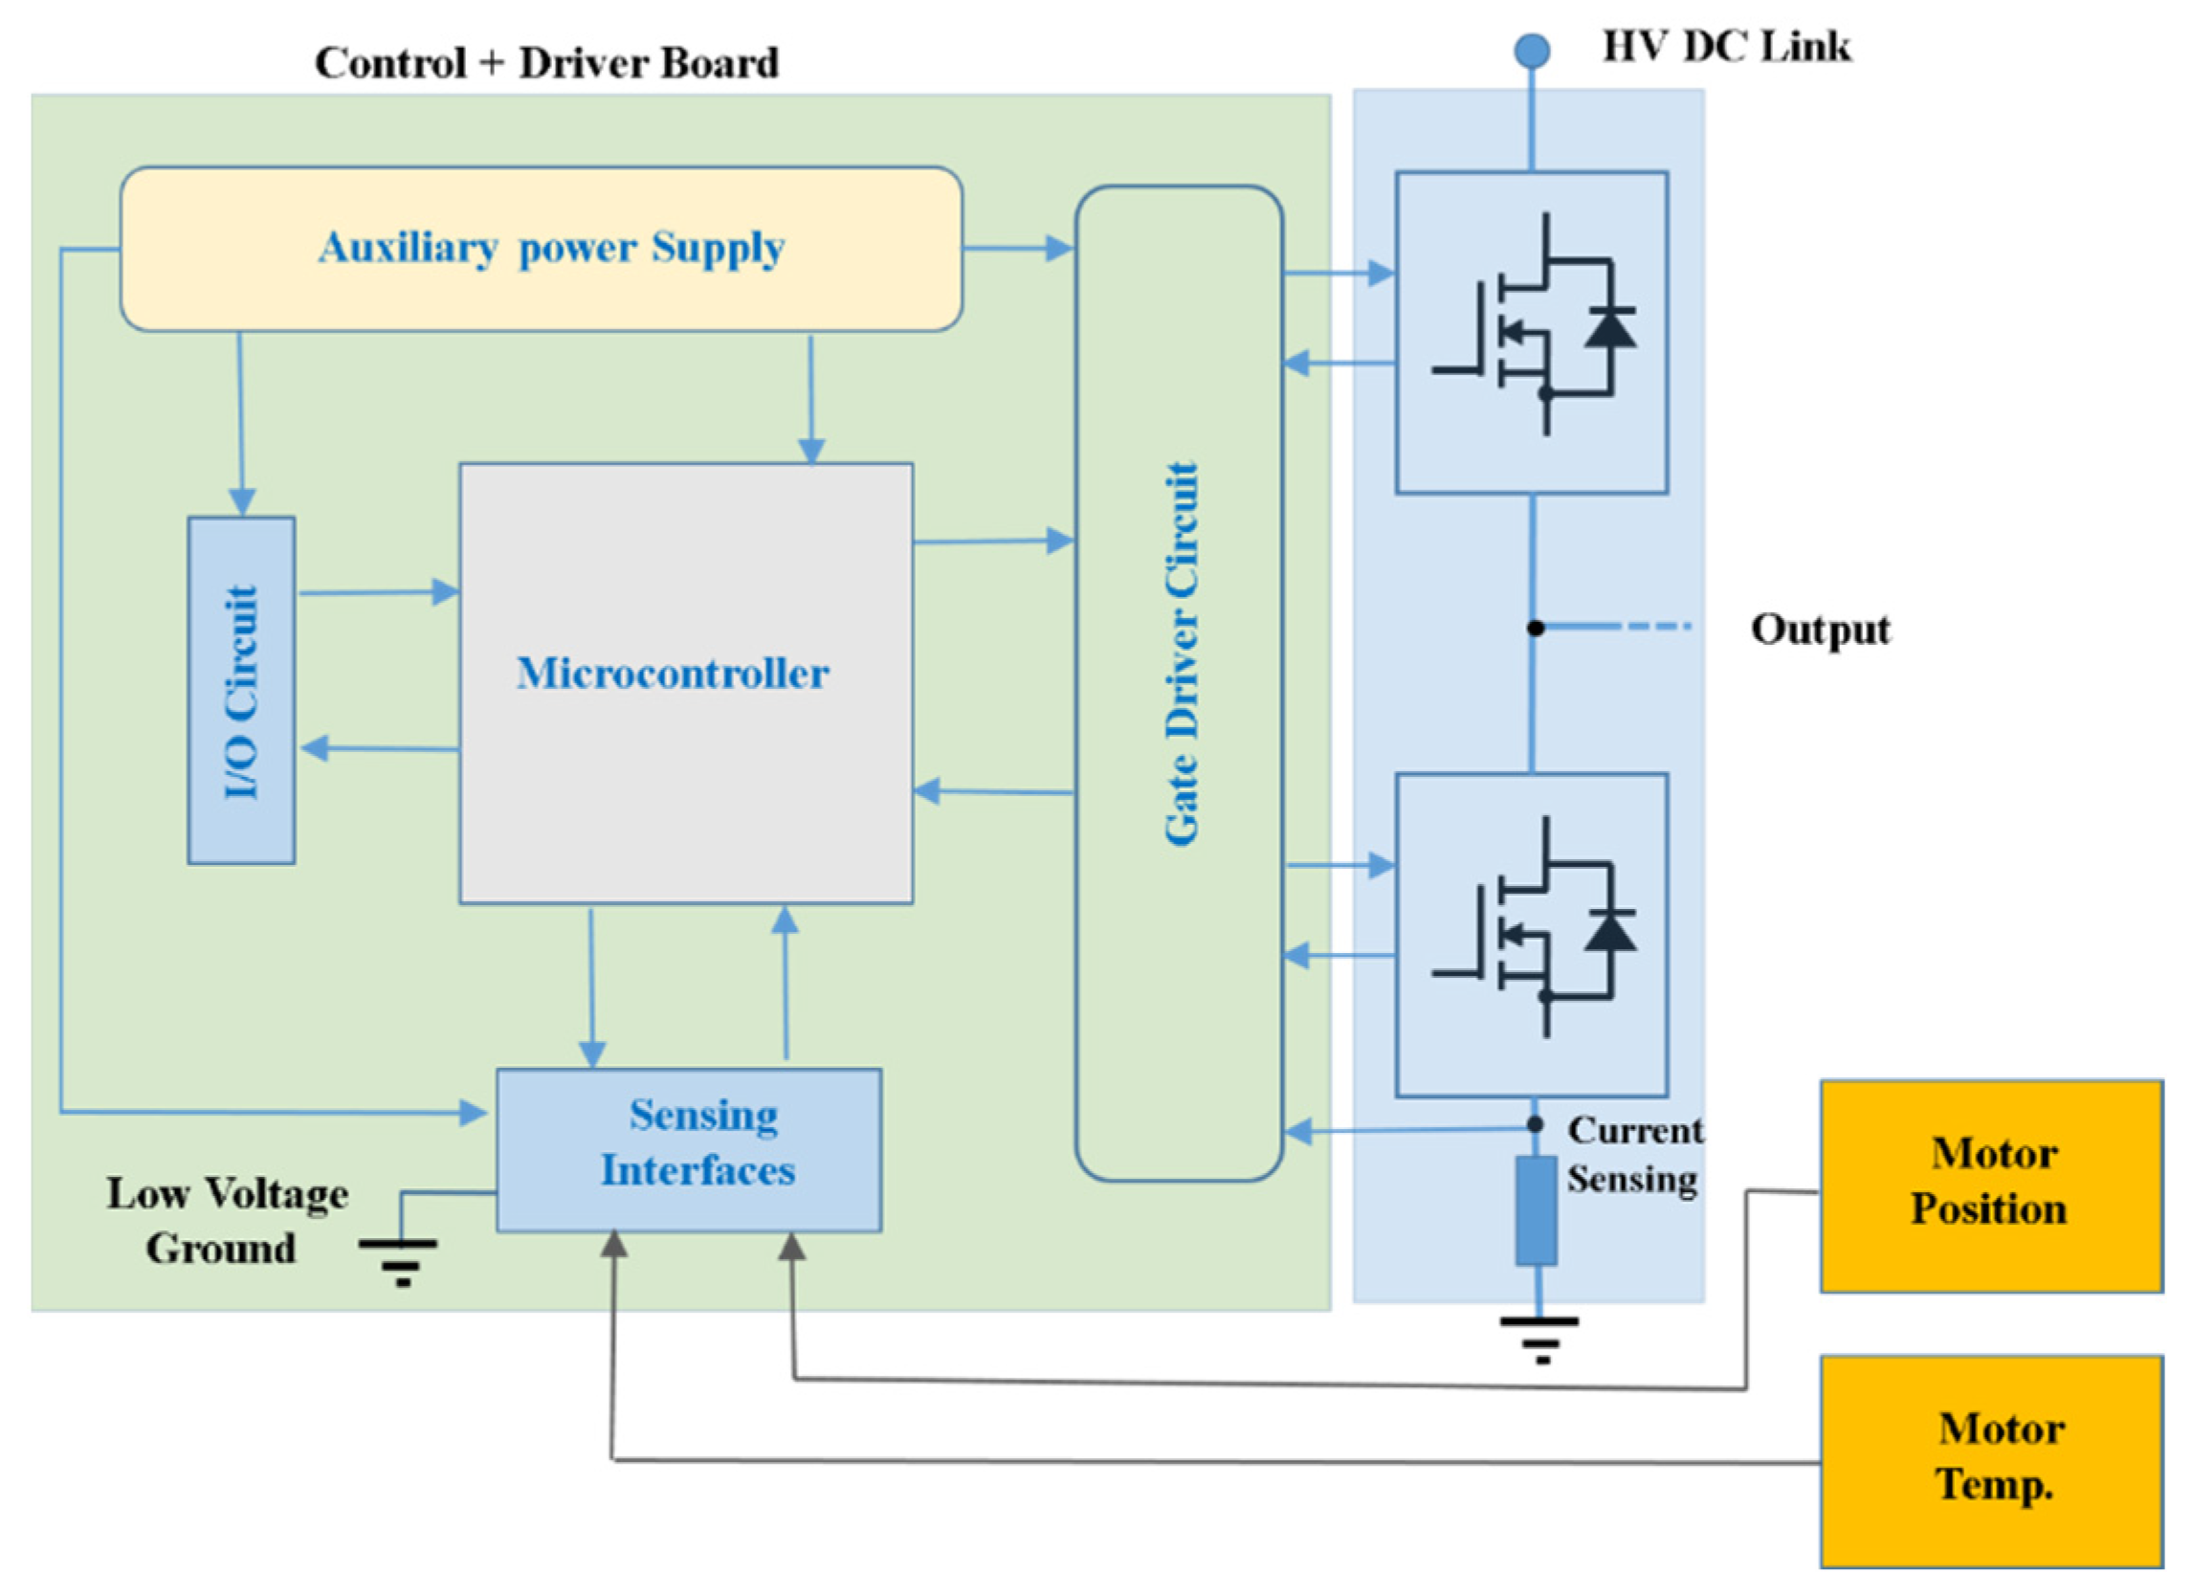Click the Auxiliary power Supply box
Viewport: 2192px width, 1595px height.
[542, 249]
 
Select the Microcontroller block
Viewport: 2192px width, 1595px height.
[685, 682]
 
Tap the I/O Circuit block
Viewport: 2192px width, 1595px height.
[242, 690]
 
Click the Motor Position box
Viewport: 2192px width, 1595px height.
[1991, 1185]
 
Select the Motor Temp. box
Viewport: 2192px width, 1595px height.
[1991, 1460]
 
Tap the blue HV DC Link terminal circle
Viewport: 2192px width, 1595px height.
[1532, 51]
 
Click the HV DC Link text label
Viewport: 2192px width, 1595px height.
[1726, 46]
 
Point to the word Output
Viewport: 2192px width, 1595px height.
[1820, 630]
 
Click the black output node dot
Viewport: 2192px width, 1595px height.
[1535, 628]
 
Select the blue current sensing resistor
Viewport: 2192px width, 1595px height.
[1536, 1210]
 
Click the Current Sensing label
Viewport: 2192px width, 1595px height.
[1634, 1154]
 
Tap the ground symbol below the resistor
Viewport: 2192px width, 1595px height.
[1539, 1338]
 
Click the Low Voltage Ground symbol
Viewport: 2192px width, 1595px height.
[399, 1260]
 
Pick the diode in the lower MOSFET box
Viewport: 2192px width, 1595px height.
[1610, 930]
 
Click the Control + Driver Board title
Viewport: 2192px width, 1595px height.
[547, 64]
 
